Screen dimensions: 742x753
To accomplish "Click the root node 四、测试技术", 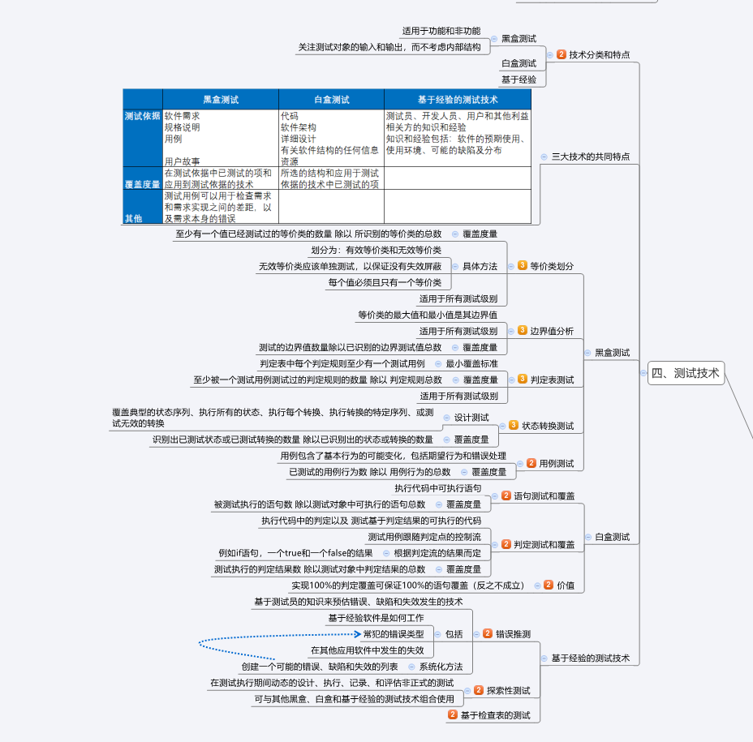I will click(x=686, y=373).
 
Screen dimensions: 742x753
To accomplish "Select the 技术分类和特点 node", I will click(x=599, y=55).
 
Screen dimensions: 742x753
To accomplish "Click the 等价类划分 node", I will click(x=552, y=266).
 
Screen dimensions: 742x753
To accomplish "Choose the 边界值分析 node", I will click(x=552, y=331).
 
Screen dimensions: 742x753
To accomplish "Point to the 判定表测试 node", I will click(x=552, y=380).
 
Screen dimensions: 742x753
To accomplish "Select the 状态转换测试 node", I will click(x=547, y=426).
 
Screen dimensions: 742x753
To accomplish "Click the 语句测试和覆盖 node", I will click(x=544, y=495).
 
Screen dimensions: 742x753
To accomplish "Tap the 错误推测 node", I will click(x=513, y=633).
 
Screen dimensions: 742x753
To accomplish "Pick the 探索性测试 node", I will click(x=508, y=691).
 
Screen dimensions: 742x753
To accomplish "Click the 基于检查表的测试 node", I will click(x=495, y=715).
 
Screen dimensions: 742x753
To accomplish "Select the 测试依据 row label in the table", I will click(x=142, y=116).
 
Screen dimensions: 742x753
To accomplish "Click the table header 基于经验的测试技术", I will click(x=458, y=100).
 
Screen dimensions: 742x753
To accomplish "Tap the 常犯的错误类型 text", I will click(x=394, y=634).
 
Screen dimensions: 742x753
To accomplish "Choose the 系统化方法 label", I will click(x=441, y=667).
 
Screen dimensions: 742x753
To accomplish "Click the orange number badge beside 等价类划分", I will click(x=522, y=265).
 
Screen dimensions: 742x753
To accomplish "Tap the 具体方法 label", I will click(x=480, y=266).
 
